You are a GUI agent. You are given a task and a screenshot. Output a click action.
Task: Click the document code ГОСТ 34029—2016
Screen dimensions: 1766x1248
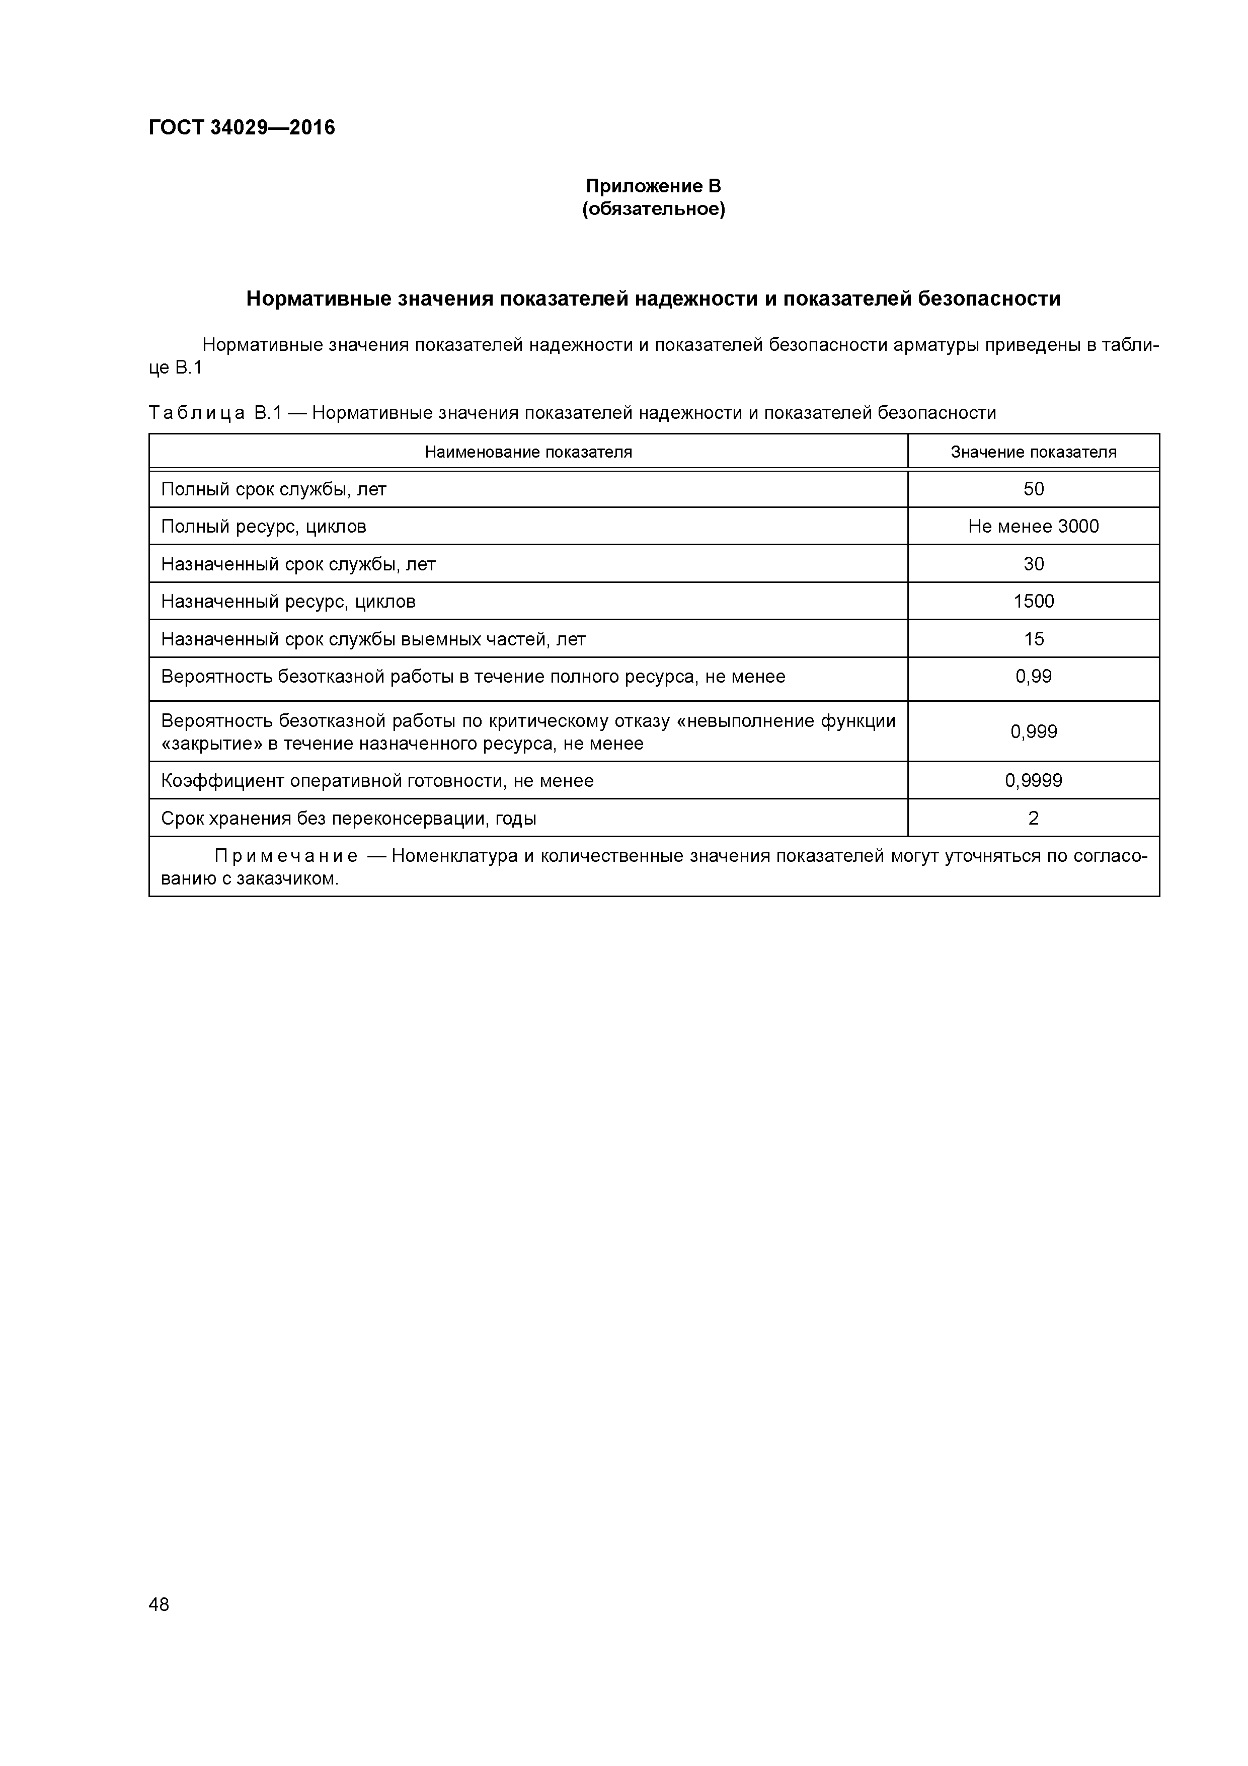[x=242, y=128]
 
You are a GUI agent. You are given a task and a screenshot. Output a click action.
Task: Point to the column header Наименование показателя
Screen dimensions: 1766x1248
[x=528, y=452]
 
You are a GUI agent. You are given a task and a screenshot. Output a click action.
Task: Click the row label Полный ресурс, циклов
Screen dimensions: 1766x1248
[x=263, y=527]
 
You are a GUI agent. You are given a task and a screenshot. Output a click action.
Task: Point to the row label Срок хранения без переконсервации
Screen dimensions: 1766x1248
[x=348, y=819]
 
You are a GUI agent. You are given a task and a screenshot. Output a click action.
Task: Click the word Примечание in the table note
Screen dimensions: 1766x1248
[x=285, y=857]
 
